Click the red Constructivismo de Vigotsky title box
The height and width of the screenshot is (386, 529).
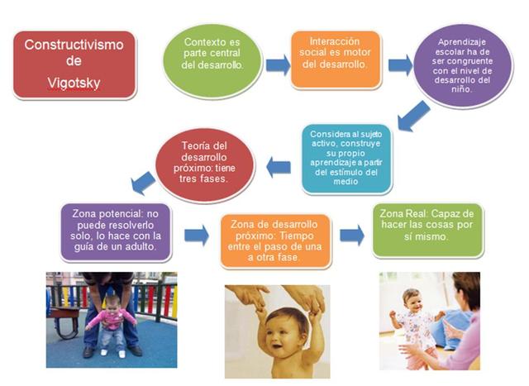74,65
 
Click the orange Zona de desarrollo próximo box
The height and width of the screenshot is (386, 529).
275,241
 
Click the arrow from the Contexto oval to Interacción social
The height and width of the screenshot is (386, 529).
278,65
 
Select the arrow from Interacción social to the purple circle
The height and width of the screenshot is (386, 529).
400,65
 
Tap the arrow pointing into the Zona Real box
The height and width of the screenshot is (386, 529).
352,235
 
